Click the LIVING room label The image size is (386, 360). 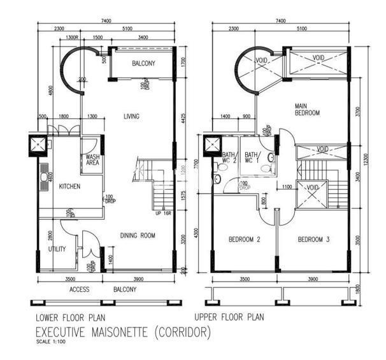tap(131, 117)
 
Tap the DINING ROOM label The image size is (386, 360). tap(138, 235)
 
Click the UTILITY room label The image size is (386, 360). tap(57, 248)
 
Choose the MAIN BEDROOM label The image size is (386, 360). tap(306, 109)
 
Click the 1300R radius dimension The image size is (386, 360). tap(72, 38)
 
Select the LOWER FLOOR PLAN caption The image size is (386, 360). tap(69, 317)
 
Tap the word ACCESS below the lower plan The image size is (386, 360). tap(80, 289)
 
